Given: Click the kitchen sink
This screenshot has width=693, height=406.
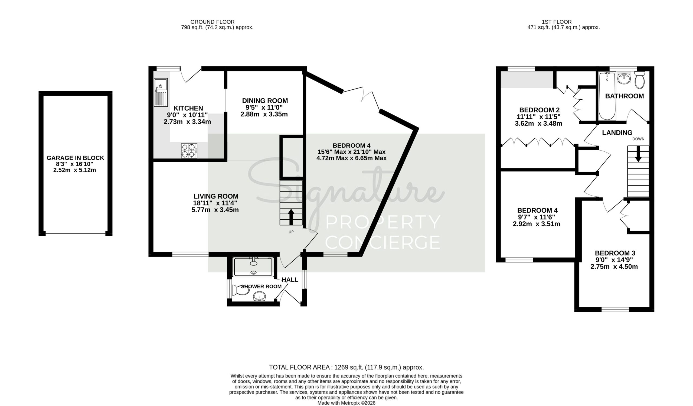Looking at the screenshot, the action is coord(161,92).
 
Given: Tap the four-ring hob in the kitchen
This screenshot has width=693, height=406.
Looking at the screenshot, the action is coord(189,151).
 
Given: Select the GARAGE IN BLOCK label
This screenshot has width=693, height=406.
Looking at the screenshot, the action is coord(75,158).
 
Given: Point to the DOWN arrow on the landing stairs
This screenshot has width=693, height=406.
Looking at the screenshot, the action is coord(638,154).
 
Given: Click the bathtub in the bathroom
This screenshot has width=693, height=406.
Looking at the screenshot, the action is coord(607,96).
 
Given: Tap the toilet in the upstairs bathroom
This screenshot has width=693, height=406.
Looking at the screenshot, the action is coord(640,80).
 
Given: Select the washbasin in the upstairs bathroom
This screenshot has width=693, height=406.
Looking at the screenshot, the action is coord(624,78).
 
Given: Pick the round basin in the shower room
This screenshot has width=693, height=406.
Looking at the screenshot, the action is coord(259,297).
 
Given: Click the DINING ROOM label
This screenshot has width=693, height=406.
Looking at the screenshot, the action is coord(265,101).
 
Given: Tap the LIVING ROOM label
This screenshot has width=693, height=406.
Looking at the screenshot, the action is coord(216,196).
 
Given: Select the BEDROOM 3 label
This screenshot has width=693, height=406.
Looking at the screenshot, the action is coord(615,253).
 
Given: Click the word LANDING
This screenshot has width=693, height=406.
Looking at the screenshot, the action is coord(617,133).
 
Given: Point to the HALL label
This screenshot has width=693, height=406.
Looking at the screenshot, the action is coord(290,280).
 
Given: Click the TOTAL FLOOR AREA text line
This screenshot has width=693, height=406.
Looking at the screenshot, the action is coord(346,368).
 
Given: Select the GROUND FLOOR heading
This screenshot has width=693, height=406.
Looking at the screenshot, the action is coord(212,22).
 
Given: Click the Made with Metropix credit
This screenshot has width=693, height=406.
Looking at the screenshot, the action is coord(346,403).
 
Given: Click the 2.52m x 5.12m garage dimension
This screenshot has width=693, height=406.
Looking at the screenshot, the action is coord(74,170).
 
